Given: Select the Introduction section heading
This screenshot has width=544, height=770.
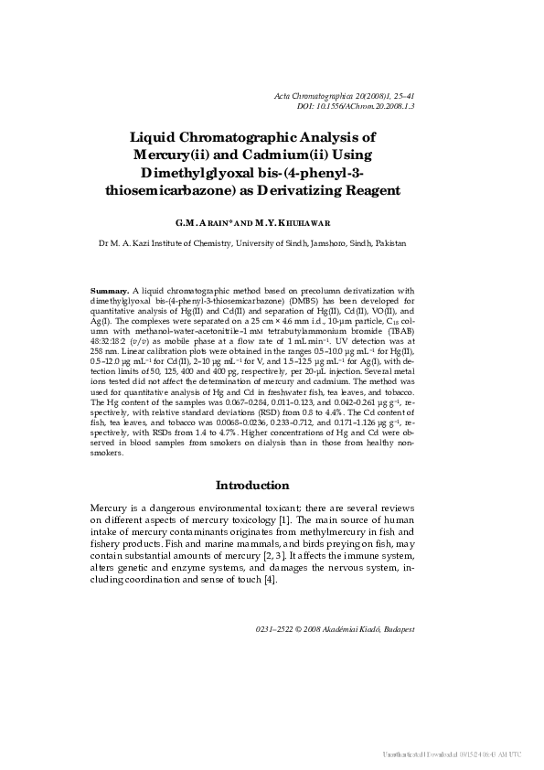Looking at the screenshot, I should click(251, 485).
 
